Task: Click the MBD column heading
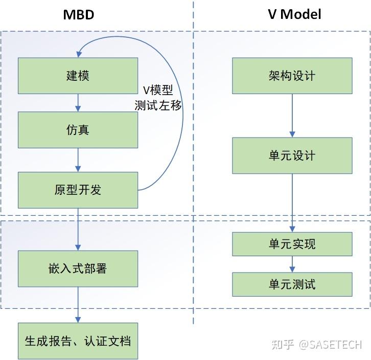point(79,14)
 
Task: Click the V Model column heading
point(294,14)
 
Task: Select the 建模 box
point(78,76)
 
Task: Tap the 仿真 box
point(78,130)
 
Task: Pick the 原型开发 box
point(78,190)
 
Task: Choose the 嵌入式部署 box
point(78,268)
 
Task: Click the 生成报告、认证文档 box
point(78,341)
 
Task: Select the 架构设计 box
point(292,76)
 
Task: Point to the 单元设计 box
point(292,155)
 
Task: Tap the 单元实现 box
point(292,244)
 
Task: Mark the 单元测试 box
point(292,284)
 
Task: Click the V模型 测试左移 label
point(158,98)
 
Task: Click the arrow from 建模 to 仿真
point(78,103)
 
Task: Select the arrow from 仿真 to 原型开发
point(78,160)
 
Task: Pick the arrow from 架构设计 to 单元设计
point(292,116)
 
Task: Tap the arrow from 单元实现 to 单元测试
point(292,264)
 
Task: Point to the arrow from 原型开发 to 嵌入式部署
point(78,229)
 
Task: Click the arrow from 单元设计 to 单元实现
point(292,202)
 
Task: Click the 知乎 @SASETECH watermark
point(317,345)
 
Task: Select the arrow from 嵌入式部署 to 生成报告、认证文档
point(78,304)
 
